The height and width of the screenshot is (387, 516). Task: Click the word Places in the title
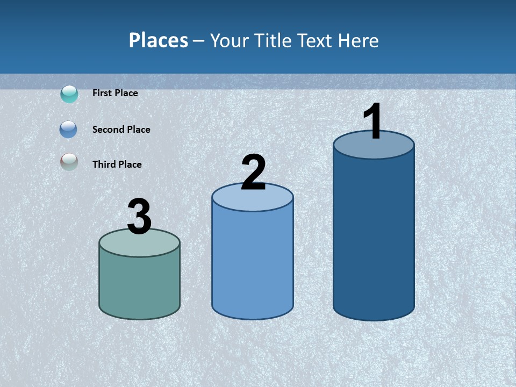click(x=159, y=40)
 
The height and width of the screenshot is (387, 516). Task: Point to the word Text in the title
click(x=316, y=40)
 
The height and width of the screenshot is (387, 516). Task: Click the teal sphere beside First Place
click(x=69, y=94)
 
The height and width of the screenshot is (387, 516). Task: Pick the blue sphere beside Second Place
click(x=69, y=130)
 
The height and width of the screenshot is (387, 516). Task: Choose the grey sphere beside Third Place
click(x=69, y=162)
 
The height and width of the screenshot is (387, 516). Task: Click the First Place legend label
click(x=115, y=93)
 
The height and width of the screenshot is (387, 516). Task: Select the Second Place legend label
click(x=121, y=130)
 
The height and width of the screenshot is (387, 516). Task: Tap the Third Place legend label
click(x=117, y=164)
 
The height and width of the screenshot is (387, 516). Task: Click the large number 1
click(x=372, y=121)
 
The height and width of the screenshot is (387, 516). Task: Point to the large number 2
click(x=253, y=173)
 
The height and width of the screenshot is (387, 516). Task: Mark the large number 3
click(x=139, y=217)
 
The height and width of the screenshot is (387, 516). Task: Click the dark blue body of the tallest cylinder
click(x=374, y=236)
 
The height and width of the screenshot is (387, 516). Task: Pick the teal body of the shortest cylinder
click(x=139, y=285)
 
